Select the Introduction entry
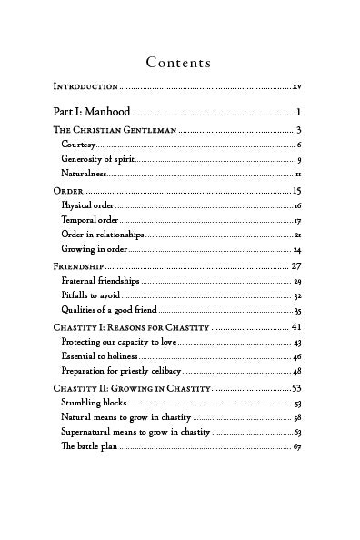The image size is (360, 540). (85, 86)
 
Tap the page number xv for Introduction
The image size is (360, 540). (297, 86)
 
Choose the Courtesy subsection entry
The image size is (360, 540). (77, 145)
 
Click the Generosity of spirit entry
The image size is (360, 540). (98, 159)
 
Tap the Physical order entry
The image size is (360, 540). (87, 206)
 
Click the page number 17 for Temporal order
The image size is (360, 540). (297, 221)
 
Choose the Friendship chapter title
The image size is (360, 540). (80, 266)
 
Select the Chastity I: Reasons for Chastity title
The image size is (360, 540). (131, 327)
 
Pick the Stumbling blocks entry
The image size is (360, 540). (94, 403)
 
